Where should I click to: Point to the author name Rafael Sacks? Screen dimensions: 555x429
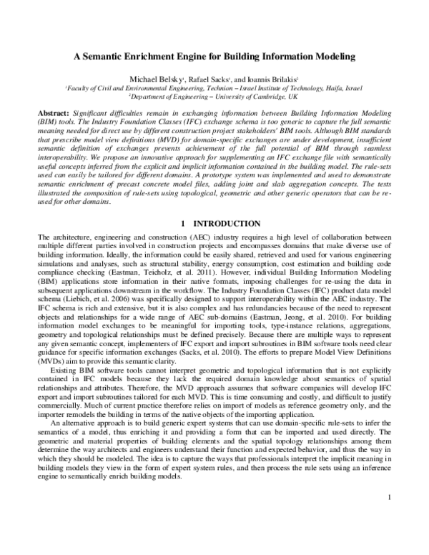pos(206,79)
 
